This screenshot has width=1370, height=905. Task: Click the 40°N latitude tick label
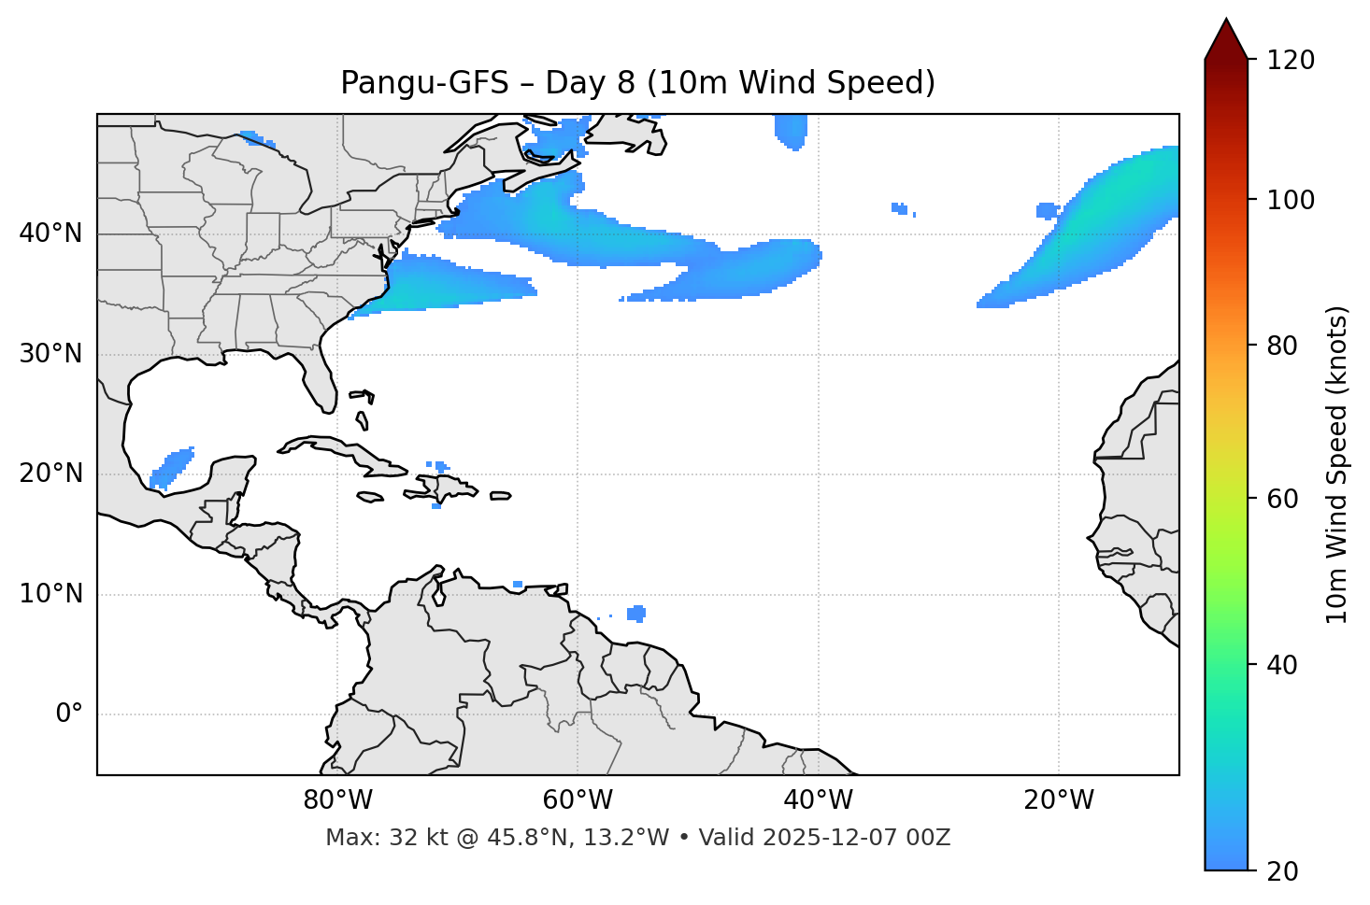click(x=50, y=233)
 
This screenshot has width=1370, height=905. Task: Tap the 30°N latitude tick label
click(x=50, y=354)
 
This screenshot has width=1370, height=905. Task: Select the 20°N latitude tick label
click(x=50, y=474)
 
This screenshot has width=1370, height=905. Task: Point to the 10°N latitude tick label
click(x=50, y=594)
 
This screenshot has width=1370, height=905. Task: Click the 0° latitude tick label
click(x=69, y=714)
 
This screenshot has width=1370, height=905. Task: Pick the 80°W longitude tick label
click(x=337, y=800)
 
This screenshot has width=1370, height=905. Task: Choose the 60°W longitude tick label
click(x=578, y=800)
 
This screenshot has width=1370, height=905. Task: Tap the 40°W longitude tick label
click(x=818, y=800)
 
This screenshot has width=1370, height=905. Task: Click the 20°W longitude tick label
click(x=1058, y=800)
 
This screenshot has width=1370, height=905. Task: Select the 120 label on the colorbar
click(x=1291, y=61)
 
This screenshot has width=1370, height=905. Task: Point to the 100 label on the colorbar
click(x=1291, y=200)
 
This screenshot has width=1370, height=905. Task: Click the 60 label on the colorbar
click(x=1284, y=499)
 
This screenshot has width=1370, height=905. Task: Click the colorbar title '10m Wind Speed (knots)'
click(x=1337, y=464)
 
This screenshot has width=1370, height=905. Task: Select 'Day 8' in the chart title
click(x=590, y=83)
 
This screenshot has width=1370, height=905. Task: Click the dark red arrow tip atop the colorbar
click(x=1226, y=37)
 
